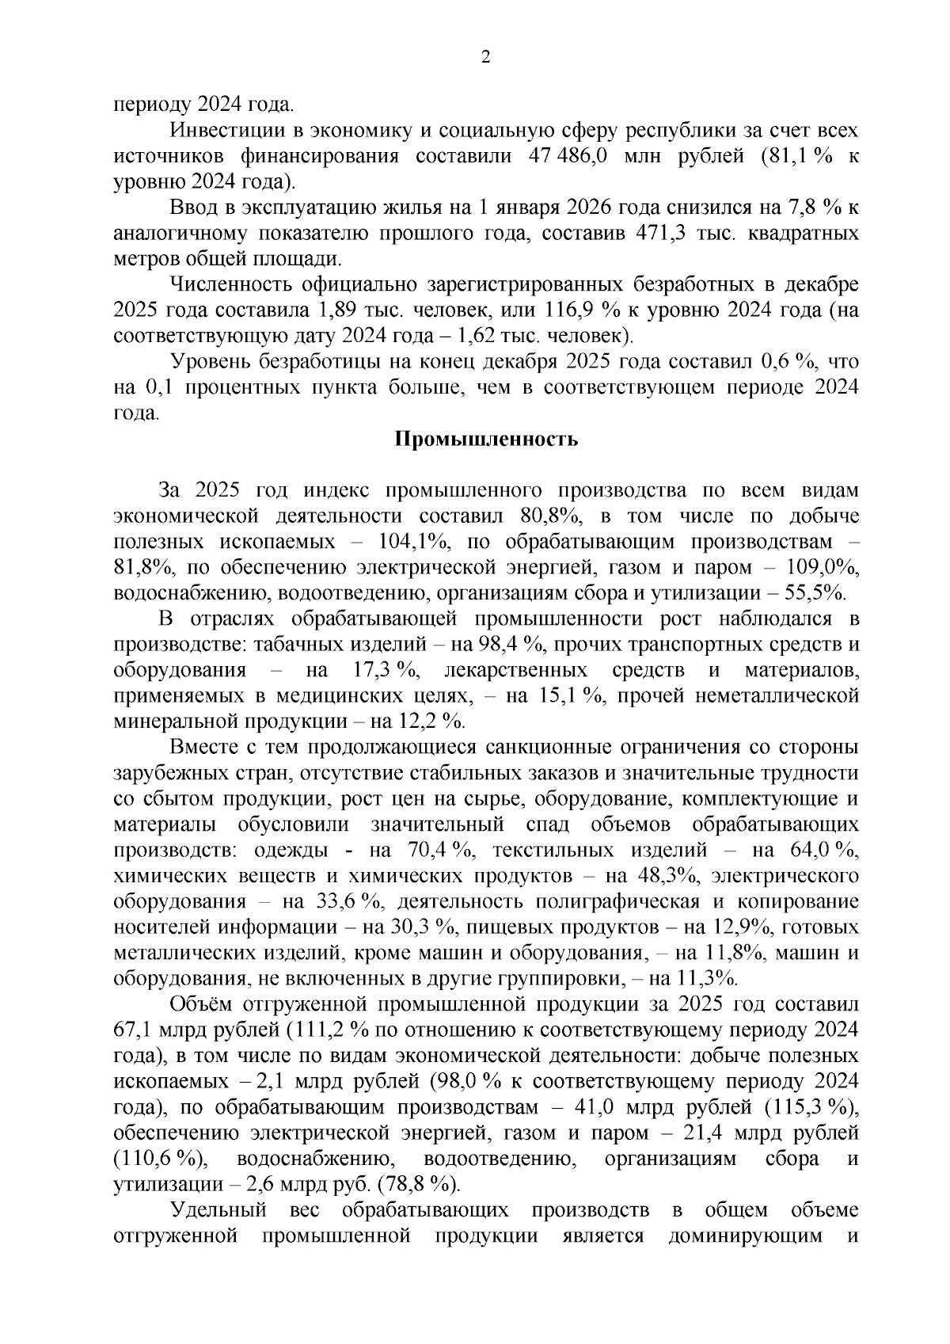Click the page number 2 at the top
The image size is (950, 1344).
tap(485, 58)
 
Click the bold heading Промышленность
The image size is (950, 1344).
tap(486, 440)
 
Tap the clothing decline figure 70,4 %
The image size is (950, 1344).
tap(440, 851)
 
